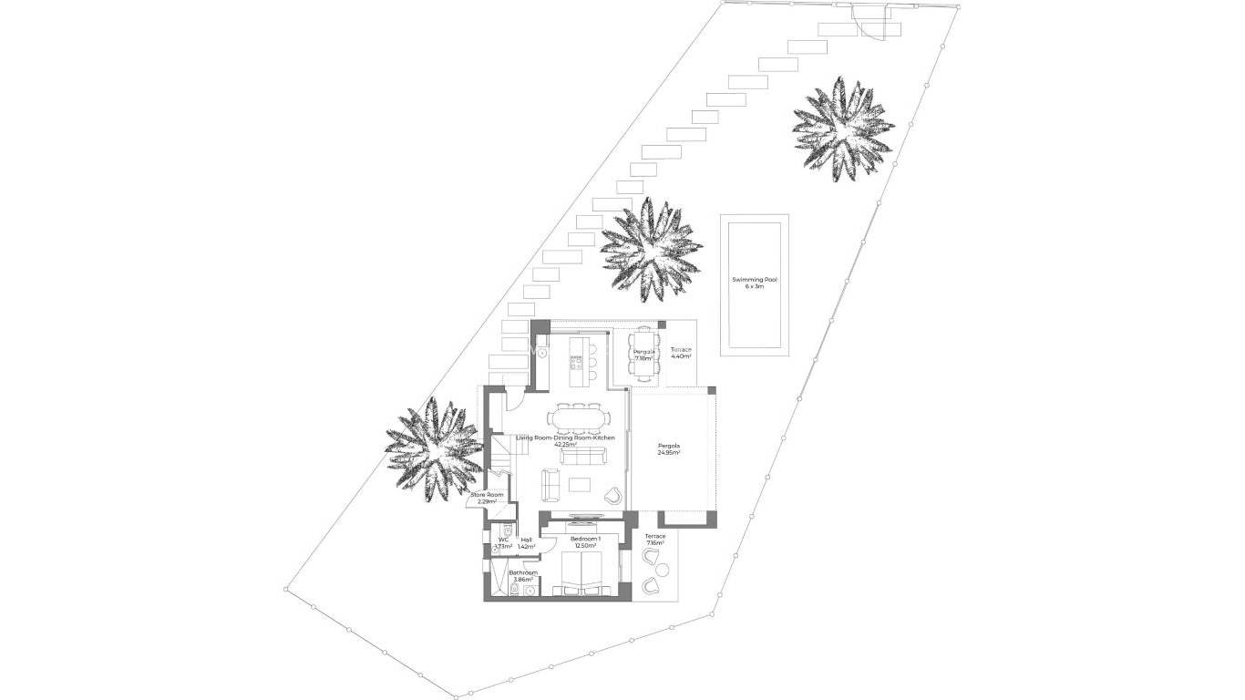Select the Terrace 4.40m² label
click(x=681, y=353)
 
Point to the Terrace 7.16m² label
click(x=655, y=540)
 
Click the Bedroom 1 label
click(x=585, y=542)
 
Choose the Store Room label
click(x=487, y=498)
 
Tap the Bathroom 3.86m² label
click(x=523, y=576)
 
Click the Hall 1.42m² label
click(x=526, y=543)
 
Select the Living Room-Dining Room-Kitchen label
click(x=565, y=441)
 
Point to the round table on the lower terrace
click(x=662, y=571)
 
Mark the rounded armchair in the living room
click(x=612, y=496)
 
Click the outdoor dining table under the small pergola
click(x=643, y=354)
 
